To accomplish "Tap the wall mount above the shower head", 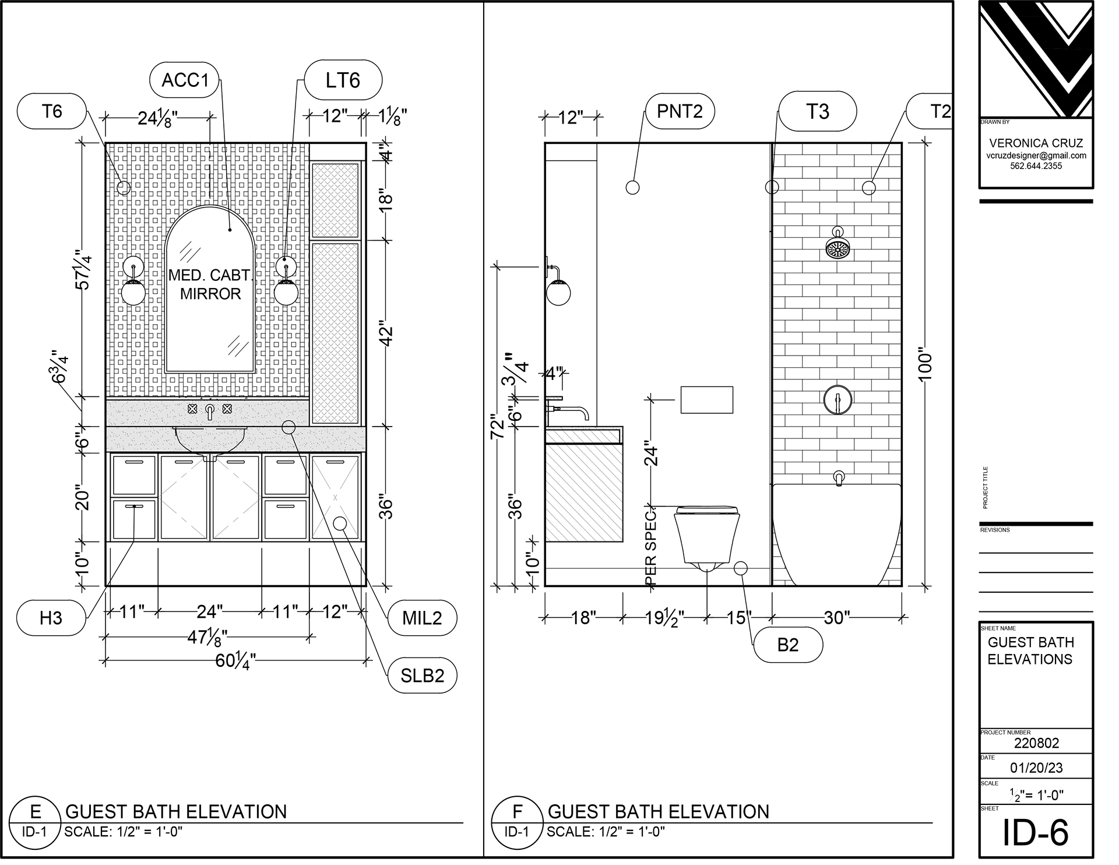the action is point(838,231).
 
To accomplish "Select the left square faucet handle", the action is point(192,409).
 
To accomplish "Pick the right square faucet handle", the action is point(227,409).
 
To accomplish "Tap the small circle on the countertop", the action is point(288,427).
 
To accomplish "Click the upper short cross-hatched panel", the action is point(335,200).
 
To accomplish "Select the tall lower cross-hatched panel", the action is point(335,332).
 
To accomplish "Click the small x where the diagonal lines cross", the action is point(335,497).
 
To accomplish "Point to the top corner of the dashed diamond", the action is point(210,454).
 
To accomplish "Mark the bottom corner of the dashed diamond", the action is point(210,541).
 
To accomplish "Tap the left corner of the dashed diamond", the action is point(159,497).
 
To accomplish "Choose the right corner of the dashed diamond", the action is point(261,497).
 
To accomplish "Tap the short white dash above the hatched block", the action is point(554,399).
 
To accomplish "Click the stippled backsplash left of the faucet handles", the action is point(146,413).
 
